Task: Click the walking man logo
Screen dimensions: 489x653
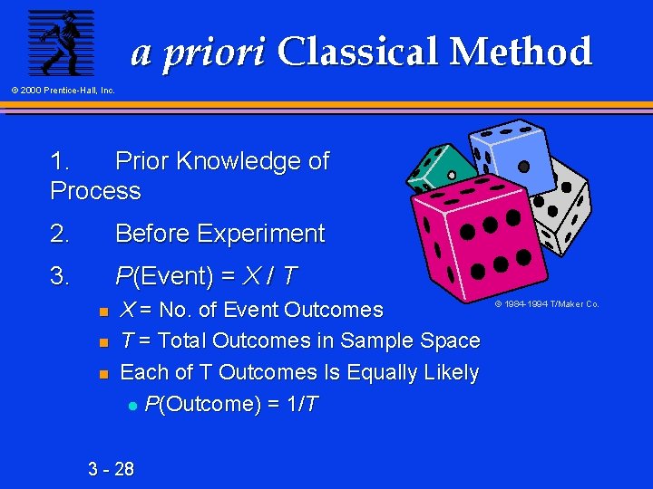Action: click(x=61, y=43)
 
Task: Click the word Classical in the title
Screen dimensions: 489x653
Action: click(x=362, y=52)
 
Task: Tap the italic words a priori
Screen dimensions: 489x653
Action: click(x=199, y=53)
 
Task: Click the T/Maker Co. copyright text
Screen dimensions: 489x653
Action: click(x=546, y=304)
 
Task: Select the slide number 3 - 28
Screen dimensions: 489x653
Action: click(x=111, y=468)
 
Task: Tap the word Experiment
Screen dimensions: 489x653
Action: click(x=262, y=234)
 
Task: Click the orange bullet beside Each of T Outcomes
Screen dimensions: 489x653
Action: click(x=103, y=373)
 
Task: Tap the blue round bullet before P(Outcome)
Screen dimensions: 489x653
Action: click(x=132, y=405)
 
